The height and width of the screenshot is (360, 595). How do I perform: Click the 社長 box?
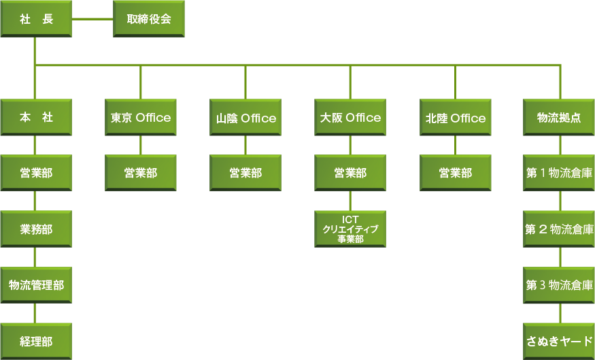pyautogui.click(x=36, y=18)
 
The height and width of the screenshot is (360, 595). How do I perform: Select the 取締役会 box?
pyautogui.click(x=148, y=18)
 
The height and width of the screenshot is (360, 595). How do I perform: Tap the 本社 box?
pyautogui.click(x=36, y=118)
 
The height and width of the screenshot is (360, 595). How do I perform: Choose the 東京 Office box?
pyautogui.click(x=141, y=118)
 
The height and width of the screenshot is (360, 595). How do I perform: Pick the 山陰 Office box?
pyautogui.click(x=245, y=118)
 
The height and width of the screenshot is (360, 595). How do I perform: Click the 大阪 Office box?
pyautogui.click(x=350, y=118)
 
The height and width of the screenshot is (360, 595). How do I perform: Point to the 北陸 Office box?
pyautogui.click(x=456, y=118)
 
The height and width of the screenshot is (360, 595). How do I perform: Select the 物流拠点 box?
pyautogui.click(x=559, y=118)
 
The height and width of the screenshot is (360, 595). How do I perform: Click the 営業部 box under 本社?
pyautogui.click(x=36, y=173)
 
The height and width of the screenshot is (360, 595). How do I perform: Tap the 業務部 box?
pyautogui.click(x=36, y=229)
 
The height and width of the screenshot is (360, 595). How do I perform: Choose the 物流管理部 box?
pyautogui.click(x=36, y=285)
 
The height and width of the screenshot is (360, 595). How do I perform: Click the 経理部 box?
pyautogui.click(x=36, y=340)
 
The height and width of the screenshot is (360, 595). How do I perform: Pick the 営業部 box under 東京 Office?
pyautogui.click(x=141, y=173)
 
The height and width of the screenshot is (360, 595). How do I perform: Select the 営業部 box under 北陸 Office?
pyautogui.click(x=456, y=173)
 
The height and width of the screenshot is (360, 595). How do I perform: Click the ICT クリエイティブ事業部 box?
pyautogui.click(x=350, y=229)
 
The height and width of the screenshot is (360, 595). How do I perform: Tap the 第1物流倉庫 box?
pyautogui.click(x=559, y=173)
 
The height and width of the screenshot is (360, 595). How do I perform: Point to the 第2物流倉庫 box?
pyautogui.click(x=559, y=229)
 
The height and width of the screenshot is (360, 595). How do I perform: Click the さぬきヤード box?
pyautogui.click(x=559, y=340)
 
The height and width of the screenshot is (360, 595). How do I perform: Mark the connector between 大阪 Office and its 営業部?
pyautogui.click(x=350, y=145)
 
